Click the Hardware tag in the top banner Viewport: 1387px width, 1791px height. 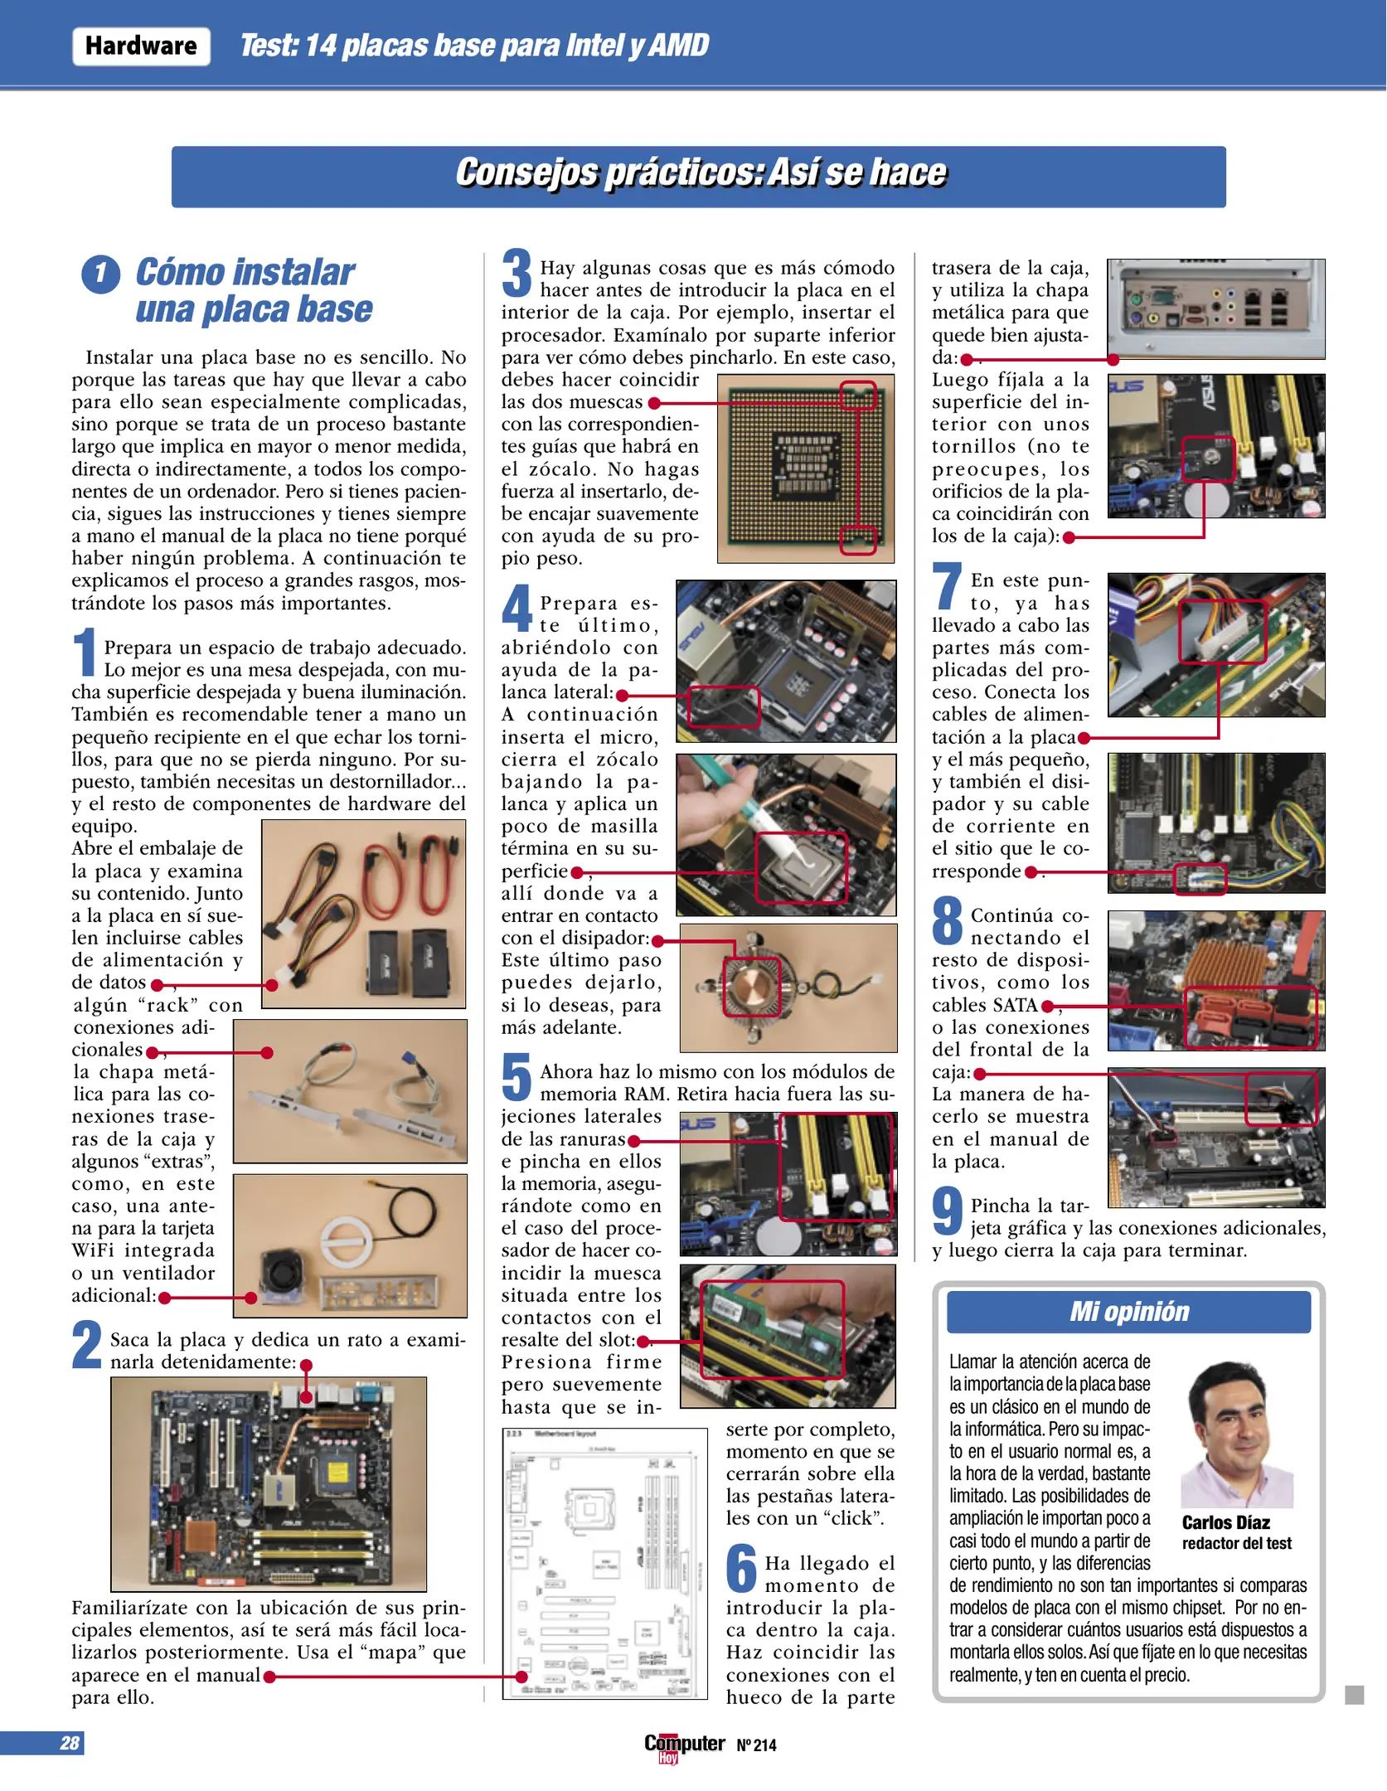click(x=141, y=46)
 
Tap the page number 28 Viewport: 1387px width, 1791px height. click(x=70, y=1744)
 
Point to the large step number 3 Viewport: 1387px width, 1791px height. click(x=516, y=273)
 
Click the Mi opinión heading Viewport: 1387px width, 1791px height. click(x=1128, y=1312)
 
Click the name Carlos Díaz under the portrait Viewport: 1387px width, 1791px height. click(x=1225, y=1522)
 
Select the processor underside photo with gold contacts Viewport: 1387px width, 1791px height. click(x=805, y=468)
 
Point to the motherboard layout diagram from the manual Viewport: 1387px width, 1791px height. click(x=604, y=1564)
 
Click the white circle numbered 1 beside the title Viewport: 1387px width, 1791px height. click(x=101, y=274)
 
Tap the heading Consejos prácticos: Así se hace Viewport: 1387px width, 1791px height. click(x=699, y=173)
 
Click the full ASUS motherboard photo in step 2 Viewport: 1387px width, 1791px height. click(x=269, y=1483)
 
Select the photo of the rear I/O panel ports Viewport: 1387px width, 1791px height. click(x=1215, y=308)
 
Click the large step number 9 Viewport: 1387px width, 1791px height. click(x=947, y=1211)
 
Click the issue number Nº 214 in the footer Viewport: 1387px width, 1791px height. click(x=756, y=1745)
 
